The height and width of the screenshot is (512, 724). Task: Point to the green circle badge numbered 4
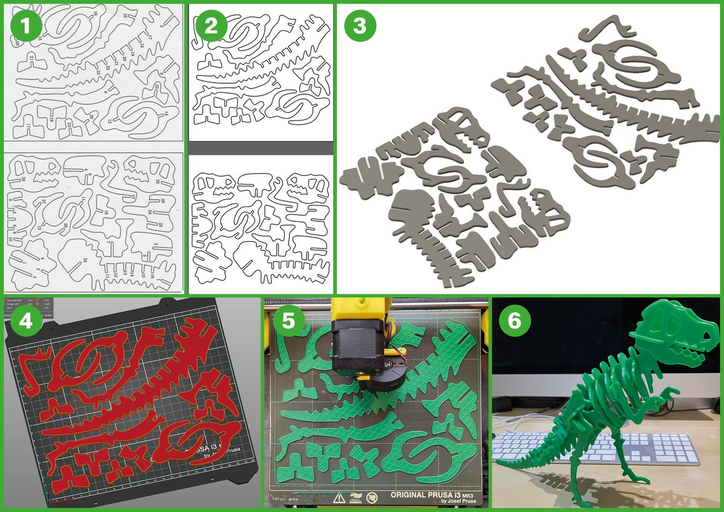26,321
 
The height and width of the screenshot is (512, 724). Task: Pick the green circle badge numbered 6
514,321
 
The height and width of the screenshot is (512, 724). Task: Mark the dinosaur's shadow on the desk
634,482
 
